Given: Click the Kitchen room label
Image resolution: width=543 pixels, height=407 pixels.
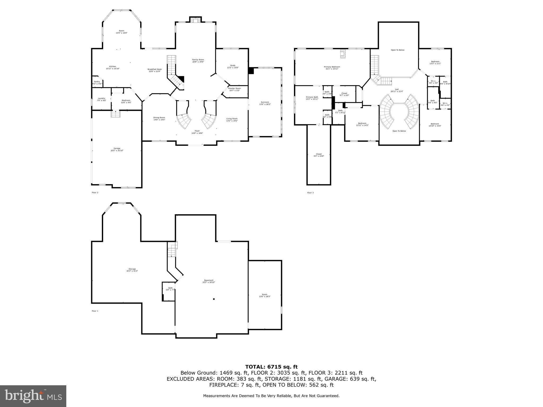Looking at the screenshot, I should (112, 67).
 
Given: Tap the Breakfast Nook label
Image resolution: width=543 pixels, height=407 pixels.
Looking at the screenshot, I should (155, 70).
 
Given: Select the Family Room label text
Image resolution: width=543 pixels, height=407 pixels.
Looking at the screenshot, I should (198, 61).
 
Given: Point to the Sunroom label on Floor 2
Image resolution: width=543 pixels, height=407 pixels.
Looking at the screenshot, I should (265, 103).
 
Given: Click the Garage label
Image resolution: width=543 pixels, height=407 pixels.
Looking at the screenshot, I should (117, 149).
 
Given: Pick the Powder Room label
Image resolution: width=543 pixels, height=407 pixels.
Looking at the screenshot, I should (234, 89).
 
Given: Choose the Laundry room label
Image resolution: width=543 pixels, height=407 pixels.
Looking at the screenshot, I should (101, 99).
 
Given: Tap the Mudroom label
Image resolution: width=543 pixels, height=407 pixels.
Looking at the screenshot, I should (126, 101).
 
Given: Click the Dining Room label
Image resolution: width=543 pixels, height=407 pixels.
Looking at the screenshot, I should (159, 118).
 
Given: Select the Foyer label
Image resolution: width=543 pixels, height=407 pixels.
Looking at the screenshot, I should (197, 132).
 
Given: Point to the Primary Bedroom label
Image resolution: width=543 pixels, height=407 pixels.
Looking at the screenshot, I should (332, 68).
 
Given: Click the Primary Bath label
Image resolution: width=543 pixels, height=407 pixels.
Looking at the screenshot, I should (312, 98).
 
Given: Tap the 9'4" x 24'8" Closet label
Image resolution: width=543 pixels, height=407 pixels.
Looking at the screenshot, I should (319, 155).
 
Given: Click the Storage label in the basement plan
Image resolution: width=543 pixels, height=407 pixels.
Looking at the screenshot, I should (132, 270).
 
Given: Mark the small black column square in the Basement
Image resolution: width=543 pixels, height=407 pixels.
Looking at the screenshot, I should (214, 299).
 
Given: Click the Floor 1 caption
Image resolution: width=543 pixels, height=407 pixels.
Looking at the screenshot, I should (95, 311).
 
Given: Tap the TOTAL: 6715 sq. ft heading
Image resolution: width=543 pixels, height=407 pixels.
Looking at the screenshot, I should (271, 367).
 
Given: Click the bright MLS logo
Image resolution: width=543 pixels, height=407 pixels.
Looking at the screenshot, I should (33, 396).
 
